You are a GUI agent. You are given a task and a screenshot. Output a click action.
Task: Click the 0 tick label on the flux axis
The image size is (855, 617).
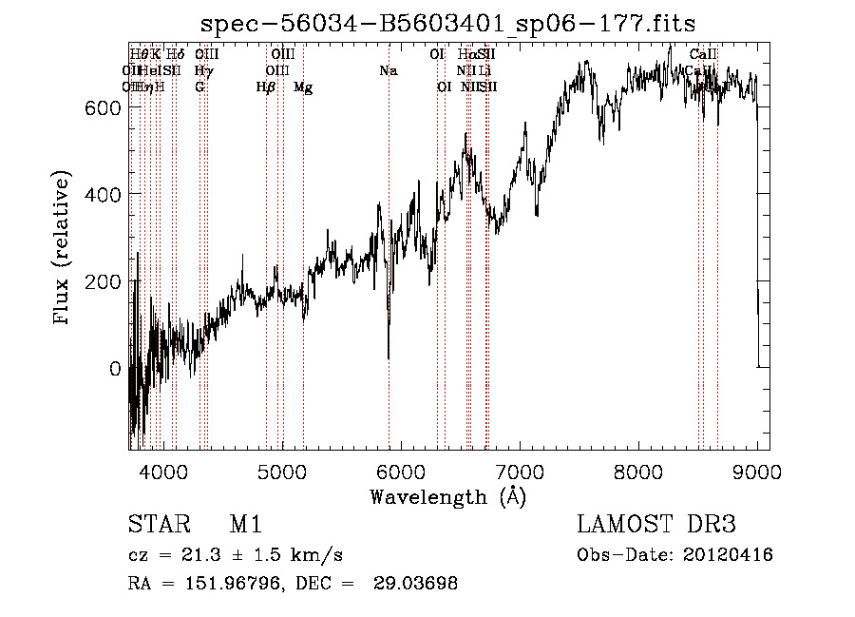[x=116, y=369]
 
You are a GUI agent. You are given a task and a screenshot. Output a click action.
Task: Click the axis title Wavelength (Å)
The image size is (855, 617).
[x=447, y=496]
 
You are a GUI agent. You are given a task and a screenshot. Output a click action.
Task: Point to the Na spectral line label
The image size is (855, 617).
[x=388, y=70]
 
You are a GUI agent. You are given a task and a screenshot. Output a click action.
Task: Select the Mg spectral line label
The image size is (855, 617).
[x=303, y=87]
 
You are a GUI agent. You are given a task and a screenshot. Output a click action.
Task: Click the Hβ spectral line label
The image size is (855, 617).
[x=266, y=87]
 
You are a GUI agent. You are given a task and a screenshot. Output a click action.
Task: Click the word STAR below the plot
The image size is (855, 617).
[x=158, y=525]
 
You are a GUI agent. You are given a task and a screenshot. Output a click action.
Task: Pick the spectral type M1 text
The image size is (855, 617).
[x=245, y=525]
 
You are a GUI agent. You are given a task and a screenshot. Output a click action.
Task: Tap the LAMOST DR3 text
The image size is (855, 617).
[x=656, y=525]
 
